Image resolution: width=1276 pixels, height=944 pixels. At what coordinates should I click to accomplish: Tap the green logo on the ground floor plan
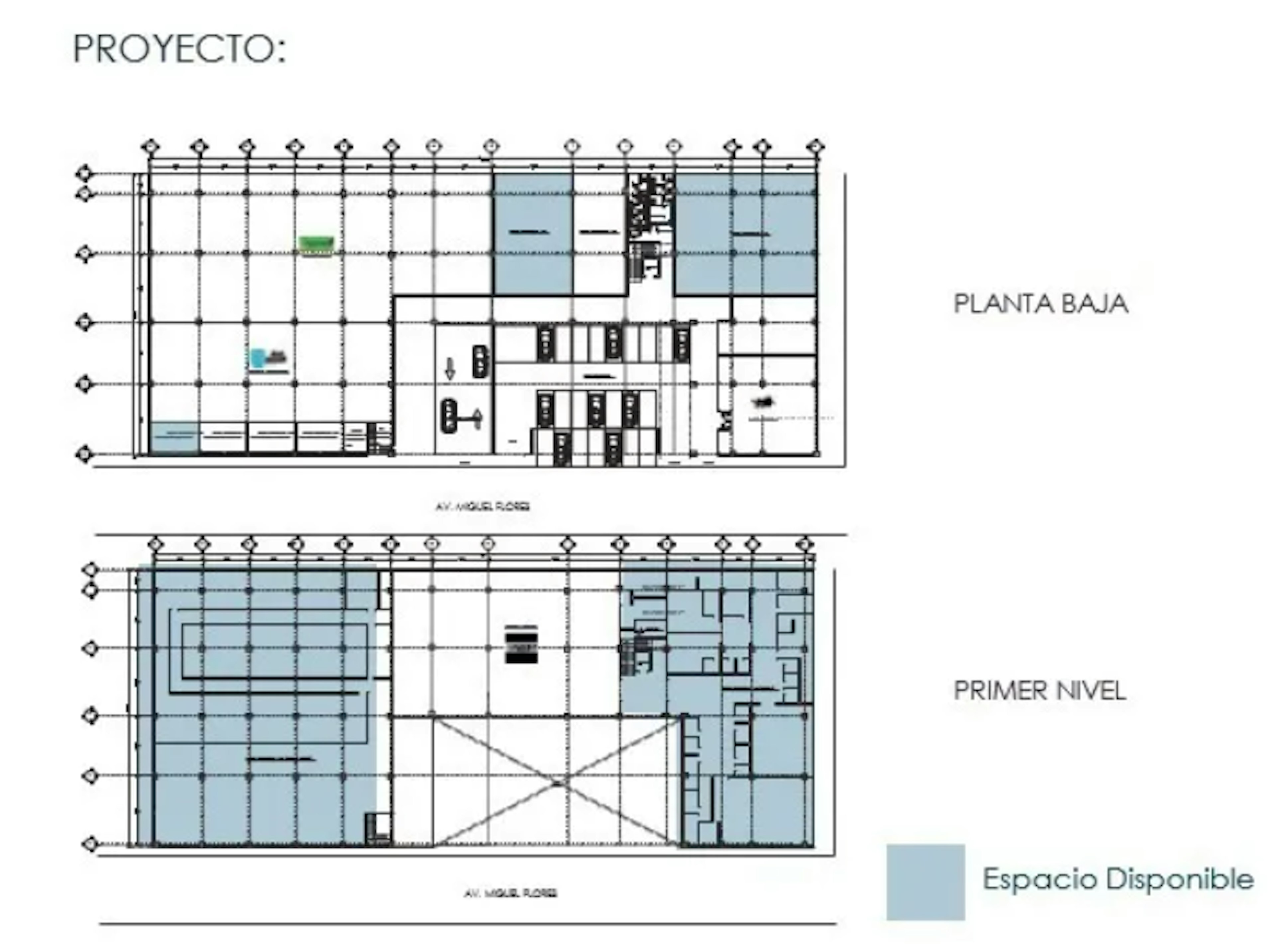coord(316,245)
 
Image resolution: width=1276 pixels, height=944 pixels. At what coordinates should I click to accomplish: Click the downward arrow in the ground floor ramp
coord(450,368)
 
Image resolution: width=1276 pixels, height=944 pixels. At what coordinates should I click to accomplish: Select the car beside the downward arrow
coord(480,361)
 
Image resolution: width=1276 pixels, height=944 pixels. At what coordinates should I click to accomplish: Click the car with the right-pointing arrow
coord(450,415)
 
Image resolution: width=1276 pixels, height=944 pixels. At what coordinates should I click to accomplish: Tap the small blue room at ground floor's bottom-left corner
coord(174,437)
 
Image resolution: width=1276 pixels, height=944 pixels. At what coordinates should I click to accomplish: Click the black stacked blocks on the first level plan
coord(521,646)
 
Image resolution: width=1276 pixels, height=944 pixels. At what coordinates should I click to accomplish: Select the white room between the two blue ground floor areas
coord(599,234)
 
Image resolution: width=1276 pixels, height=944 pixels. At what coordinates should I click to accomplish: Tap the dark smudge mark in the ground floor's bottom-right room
coord(762,402)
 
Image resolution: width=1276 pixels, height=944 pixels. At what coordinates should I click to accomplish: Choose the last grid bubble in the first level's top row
coord(804,544)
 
